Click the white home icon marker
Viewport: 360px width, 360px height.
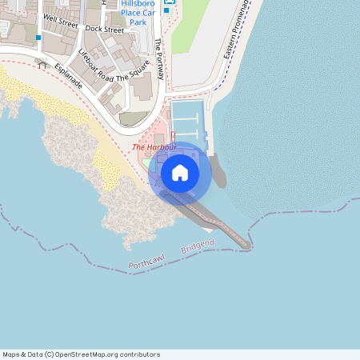180,171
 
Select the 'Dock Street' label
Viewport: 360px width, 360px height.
105,30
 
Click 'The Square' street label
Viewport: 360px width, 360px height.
133,74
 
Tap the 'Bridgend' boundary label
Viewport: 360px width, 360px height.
198,248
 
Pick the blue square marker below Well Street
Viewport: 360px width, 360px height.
38,38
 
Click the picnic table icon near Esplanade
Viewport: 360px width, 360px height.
41,64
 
